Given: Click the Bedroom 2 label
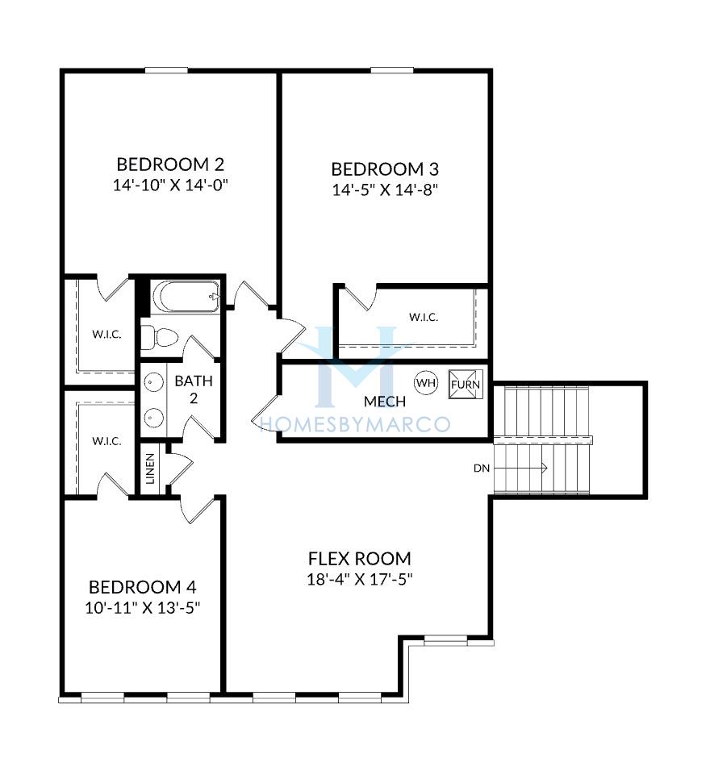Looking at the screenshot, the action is (x=170, y=165).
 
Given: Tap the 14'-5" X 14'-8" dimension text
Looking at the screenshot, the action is (x=385, y=189).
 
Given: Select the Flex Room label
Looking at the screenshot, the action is (x=360, y=558).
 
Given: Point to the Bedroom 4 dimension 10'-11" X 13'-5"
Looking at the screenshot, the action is (x=143, y=608).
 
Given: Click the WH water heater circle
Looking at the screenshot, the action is (x=426, y=383).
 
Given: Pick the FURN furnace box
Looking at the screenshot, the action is (x=466, y=385).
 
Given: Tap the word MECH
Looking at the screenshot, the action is (x=385, y=402).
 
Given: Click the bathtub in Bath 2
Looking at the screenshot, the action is (x=186, y=296).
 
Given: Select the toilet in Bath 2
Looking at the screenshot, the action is (x=160, y=337).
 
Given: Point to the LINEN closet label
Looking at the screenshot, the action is (x=150, y=469).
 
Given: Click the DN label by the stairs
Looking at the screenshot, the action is (x=482, y=468).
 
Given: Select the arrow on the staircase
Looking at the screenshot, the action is (x=520, y=468).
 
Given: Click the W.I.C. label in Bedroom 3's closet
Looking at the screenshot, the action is (x=424, y=317).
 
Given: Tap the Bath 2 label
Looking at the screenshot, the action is (x=194, y=389).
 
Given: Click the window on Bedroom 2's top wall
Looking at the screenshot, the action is (x=166, y=71).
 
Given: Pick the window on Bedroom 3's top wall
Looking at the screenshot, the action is (x=392, y=71).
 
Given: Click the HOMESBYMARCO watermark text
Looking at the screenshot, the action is (x=356, y=424).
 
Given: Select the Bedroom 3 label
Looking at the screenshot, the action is (x=385, y=169).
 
